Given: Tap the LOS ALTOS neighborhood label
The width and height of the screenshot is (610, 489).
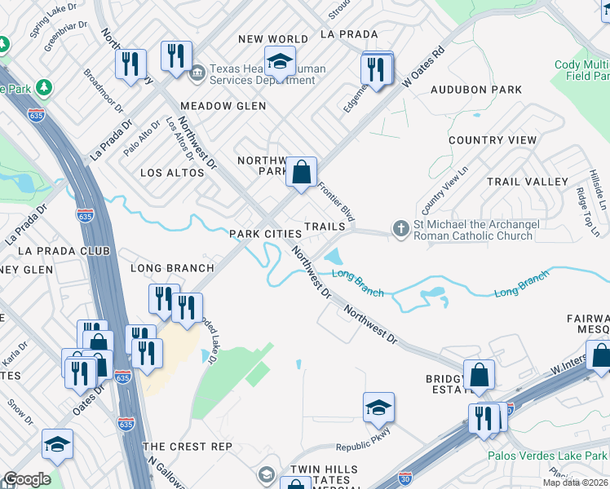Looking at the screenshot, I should pos(169,173).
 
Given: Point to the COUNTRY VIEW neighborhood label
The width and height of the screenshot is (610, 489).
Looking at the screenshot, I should pos(493,140).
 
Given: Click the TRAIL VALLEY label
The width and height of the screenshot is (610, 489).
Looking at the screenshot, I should pos(527,181).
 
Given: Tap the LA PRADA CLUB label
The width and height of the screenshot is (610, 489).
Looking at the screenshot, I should pos(63,250).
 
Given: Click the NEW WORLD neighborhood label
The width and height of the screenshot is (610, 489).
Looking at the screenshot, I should pos(273,39).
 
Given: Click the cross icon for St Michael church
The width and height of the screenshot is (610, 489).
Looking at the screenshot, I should pos(400,228).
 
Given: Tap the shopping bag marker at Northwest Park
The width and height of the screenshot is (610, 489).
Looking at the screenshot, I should pos(301,172).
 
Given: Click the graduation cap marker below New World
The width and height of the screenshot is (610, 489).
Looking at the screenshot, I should pos(280,62).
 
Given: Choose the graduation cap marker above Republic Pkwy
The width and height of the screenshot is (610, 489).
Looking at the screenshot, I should pos(378,407).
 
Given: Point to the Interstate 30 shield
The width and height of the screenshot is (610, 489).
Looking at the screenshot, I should pos(404,481).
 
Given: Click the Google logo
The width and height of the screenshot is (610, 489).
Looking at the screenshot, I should pos(27,479).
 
